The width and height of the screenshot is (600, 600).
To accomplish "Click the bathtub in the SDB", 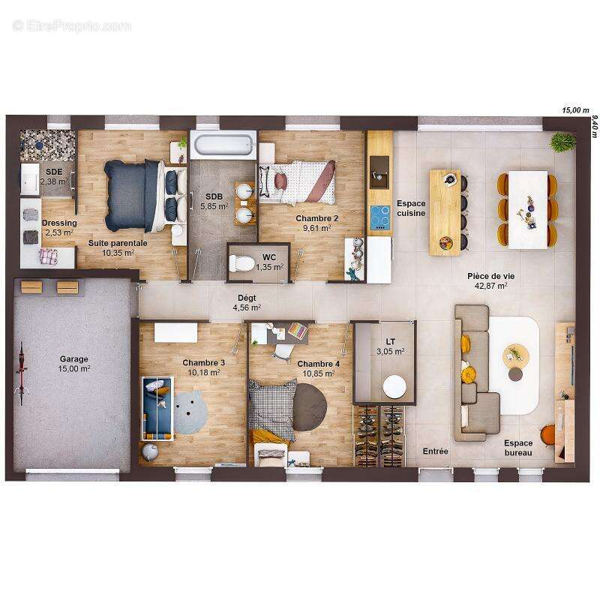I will click(x=223, y=144).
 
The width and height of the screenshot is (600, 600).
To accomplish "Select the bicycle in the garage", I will click(x=22, y=373).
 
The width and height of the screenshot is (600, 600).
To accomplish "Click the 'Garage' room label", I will click(x=74, y=358).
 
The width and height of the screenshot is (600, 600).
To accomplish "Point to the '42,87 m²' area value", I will click(x=491, y=286).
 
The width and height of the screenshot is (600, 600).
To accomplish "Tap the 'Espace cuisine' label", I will click(x=411, y=208).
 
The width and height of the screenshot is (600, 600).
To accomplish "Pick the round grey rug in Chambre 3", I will click(x=191, y=411).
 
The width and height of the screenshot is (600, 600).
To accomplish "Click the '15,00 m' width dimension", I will click(x=576, y=110).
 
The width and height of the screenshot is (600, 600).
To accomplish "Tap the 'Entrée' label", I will click(x=435, y=451).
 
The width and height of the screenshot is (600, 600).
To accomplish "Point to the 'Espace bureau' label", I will click(x=518, y=448).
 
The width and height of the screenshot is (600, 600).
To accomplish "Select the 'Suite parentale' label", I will click(x=118, y=243).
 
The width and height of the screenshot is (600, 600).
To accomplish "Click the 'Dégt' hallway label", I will click(x=246, y=297).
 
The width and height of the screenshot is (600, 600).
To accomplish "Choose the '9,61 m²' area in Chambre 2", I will click(x=316, y=229).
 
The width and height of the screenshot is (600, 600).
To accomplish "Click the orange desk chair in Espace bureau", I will click(x=549, y=435).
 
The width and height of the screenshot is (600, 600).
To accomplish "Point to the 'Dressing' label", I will click(x=58, y=223).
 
